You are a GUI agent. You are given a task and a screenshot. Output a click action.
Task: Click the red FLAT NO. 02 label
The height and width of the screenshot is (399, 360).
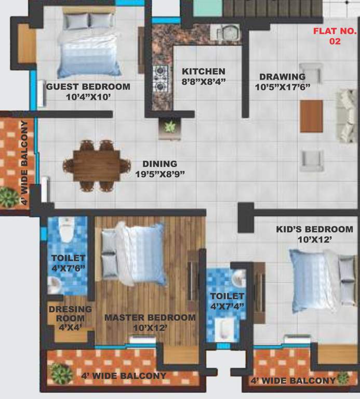[x=335, y=36]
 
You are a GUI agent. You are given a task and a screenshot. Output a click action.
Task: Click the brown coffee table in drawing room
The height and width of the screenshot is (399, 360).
[x=311, y=116]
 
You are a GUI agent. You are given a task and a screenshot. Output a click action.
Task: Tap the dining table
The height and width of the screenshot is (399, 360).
[x=97, y=165]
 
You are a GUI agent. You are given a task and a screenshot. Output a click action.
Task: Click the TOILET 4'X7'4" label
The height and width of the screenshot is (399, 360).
[x=226, y=301]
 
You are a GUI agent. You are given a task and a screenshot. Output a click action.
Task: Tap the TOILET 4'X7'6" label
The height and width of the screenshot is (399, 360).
[x=68, y=263]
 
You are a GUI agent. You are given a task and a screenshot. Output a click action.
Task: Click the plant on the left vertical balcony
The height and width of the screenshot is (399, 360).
[x=8, y=197]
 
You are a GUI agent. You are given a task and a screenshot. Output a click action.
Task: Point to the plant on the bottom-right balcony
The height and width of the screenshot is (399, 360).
[x=343, y=379]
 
